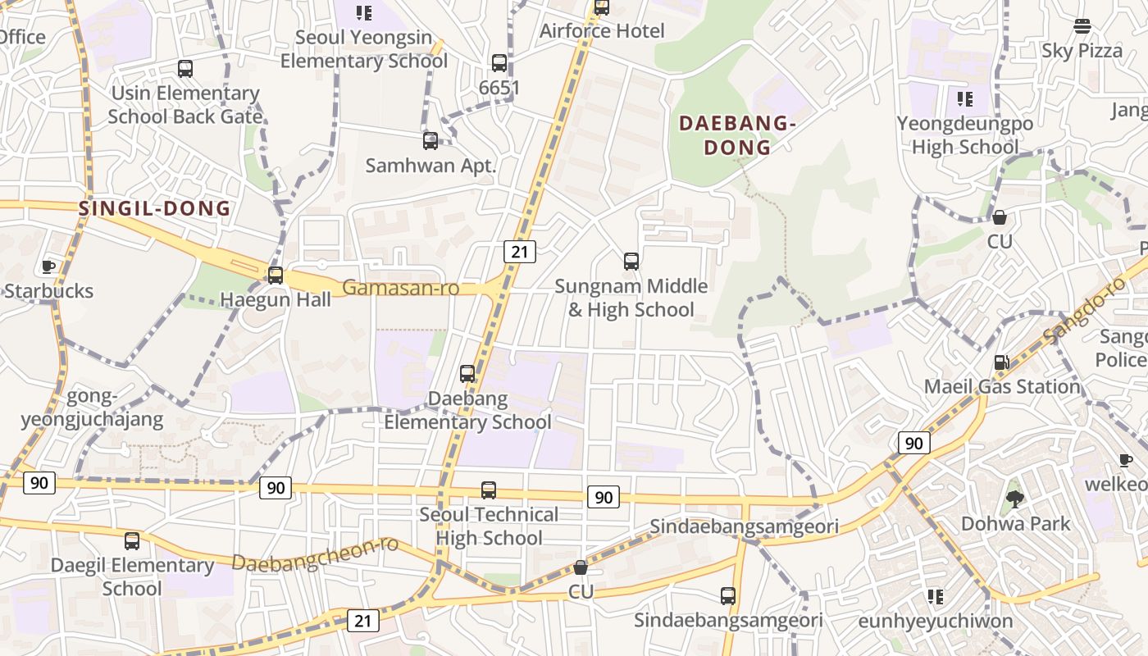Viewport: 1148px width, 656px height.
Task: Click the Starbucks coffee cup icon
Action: pos(48,266)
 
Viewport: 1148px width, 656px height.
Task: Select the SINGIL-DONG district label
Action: pos(155,208)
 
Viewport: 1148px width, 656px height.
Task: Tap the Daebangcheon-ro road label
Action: pos(315,554)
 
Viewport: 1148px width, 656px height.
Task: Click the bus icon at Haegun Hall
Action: pos(276,275)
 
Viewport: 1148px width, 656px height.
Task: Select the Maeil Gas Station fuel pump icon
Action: pos(1001,362)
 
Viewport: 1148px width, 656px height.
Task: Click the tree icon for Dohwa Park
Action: pos(1015,499)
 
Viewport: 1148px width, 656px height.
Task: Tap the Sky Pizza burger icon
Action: pos(1082,26)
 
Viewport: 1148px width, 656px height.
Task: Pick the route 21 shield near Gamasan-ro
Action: pos(520,252)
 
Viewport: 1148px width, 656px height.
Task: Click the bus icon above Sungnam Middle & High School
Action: pos(631,262)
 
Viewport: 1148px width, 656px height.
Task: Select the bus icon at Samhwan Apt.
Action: pos(430,141)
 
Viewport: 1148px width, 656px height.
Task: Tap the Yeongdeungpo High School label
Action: pos(964,135)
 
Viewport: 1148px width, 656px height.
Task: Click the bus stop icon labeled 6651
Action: pos(499,63)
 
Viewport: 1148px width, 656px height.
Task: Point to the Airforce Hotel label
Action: pos(602,31)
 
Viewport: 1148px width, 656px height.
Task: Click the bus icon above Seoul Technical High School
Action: pos(489,490)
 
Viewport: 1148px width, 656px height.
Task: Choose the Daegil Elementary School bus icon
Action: pos(132,541)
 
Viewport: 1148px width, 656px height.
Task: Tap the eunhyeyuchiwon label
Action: pos(935,621)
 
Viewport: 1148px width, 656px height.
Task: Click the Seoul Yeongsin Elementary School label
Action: pos(364,49)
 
